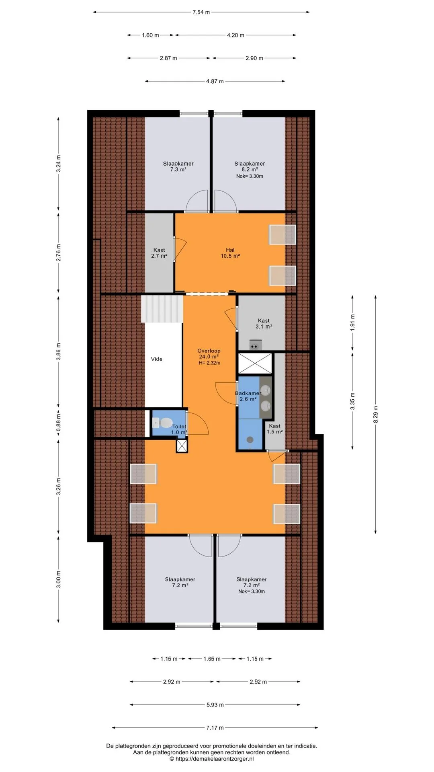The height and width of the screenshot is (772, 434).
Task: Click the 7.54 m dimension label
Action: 201,12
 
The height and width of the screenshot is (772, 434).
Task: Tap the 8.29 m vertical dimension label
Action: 376,415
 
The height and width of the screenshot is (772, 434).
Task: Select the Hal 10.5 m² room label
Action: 230,253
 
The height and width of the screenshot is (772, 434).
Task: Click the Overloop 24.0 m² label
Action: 209,357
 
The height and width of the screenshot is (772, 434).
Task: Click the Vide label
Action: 157,359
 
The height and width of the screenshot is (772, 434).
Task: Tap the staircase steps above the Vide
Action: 162,309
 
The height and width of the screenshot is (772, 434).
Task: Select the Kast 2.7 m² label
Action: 159,253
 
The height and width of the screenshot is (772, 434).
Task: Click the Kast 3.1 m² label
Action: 264,324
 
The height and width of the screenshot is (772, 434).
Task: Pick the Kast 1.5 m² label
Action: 275,429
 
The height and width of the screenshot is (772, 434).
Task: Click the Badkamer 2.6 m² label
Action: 248,396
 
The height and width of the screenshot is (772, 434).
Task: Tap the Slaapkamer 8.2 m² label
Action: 250,166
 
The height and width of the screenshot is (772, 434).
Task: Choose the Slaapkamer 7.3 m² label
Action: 178,166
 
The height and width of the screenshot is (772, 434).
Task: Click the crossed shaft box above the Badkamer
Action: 255,364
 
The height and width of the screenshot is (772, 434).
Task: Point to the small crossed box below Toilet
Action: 182,446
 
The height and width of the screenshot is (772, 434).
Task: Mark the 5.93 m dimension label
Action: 215,705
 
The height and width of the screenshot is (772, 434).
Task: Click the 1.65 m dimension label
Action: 212,659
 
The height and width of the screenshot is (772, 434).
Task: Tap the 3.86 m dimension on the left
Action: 59,350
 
